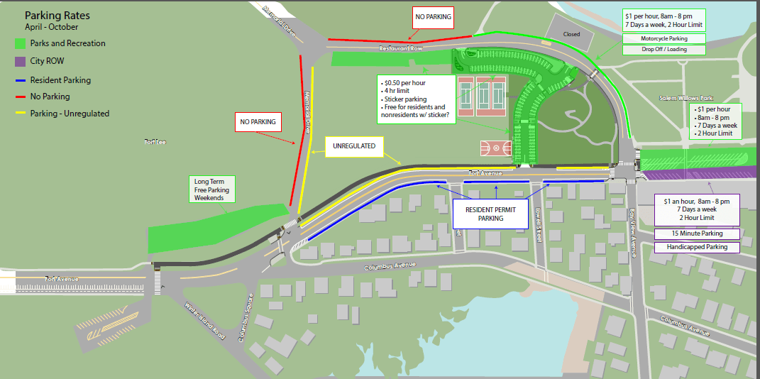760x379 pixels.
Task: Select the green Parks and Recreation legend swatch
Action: coord(19,43)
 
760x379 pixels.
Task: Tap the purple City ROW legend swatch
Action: coord(19,62)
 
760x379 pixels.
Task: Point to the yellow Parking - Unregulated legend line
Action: coord(19,114)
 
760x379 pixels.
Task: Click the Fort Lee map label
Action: coord(155,142)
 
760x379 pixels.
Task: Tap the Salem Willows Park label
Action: coord(686,98)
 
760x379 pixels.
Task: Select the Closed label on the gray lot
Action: coord(571,34)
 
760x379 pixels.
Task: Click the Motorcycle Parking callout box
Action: coord(664,38)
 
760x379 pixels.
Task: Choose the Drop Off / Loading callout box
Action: coord(664,50)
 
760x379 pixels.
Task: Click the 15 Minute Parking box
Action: coord(696,234)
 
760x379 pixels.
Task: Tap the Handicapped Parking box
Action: coord(696,247)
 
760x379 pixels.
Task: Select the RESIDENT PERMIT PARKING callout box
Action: coord(490,214)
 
